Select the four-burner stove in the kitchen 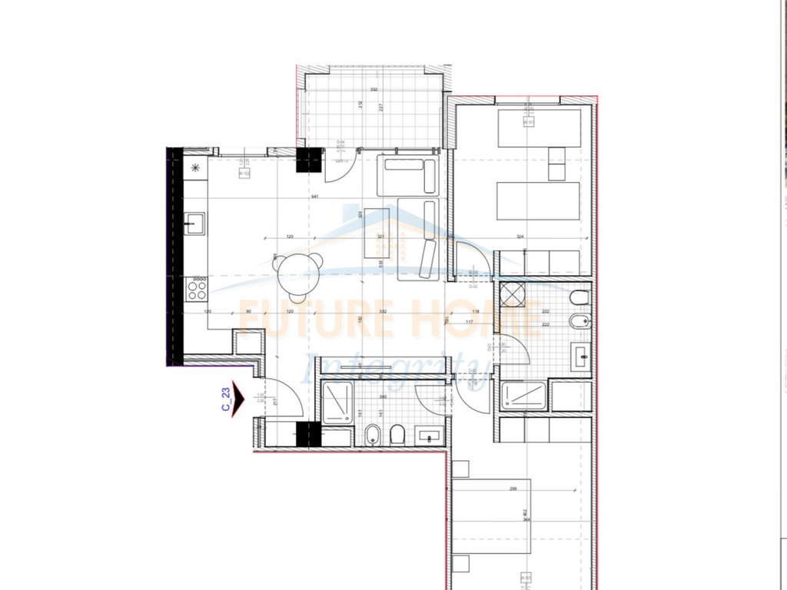coord(197,290)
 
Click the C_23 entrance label coord(227,401)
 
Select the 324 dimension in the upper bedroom coord(520,237)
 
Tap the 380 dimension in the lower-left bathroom coord(382,397)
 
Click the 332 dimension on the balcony coord(374,90)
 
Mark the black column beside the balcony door coord(309,160)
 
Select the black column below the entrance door coord(307,435)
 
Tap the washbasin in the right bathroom coord(580,356)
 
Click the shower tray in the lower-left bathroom coord(337,403)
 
